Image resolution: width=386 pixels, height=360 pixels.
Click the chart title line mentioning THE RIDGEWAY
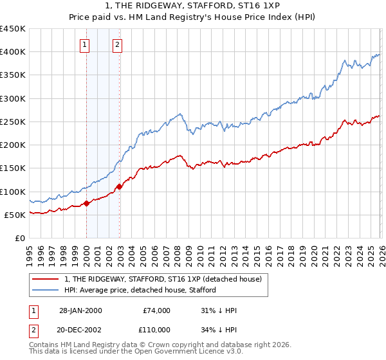click(193, 5)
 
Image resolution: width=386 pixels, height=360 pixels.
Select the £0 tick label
click(19, 238)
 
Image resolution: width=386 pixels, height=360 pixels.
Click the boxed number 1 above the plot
click(86, 45)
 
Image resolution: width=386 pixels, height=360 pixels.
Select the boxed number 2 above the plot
click(118, 45)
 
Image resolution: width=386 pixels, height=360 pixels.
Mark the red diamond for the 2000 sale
click(86, 204)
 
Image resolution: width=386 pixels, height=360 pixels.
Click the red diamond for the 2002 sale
click(119, 187)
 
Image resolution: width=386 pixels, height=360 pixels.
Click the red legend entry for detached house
click(163, 279)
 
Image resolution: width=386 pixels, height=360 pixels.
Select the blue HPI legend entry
click(140, 290)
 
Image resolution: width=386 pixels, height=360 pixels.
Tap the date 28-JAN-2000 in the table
click(80, 310)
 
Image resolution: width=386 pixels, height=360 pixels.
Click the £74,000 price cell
click(156, 310)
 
